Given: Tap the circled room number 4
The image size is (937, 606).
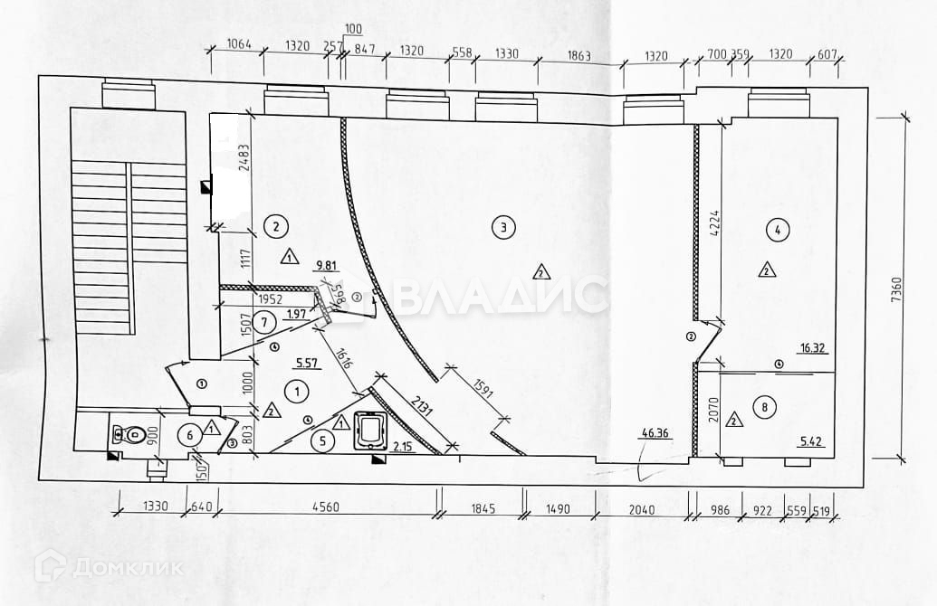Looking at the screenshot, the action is tap(775, 230).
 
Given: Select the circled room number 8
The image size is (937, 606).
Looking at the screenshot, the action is tap(766, 408).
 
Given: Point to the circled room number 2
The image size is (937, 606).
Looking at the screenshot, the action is tap(275, 225).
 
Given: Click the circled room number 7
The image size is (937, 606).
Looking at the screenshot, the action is tap(263, 320).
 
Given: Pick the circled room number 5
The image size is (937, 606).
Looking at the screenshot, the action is tap(321, 442).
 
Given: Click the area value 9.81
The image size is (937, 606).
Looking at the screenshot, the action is tap(327, 267).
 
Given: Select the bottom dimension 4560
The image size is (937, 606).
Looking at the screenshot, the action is tap(327, 507).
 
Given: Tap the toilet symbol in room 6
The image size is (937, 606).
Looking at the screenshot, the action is tap(131, 435).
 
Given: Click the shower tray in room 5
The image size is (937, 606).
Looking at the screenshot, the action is tap(370, 428).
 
